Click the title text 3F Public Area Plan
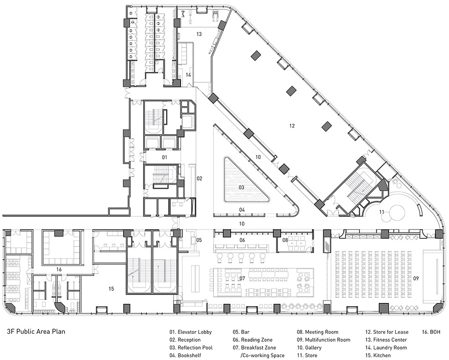pyautogui.click(x=36, y=332)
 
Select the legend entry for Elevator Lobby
pyautogui.click(x=190, y=332)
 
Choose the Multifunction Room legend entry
pyautogui.click(x=324, y=340)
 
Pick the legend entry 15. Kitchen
pyautogui.click(x=380, y=355)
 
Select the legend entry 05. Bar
pyautogui.click(x=244, y=332)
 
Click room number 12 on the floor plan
pyautogui.click(x=292, y=125)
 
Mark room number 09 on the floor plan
pyautogui.click(x=416, y=279)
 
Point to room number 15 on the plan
pyautogui.click(x=111, y=289)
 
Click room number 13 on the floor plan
pyautogui.click(x=199, y=34)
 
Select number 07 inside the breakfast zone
pyautogui.click(x=242, y=279)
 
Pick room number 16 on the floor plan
pyautogui.click(x=59, y=269)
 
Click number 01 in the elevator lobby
pyautogui.click(x=164, y=158)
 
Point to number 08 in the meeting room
pyautogui.click(x=284, y=240)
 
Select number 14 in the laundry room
pyautogui.click(x=188, y=74)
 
